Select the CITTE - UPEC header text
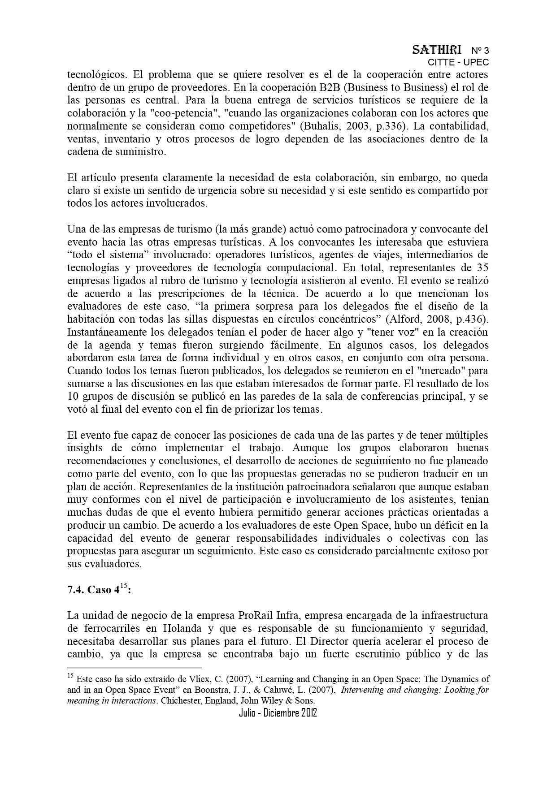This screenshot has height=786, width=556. click(458, 62)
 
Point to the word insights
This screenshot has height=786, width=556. click(85, 448)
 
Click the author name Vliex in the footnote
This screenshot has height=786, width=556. click(209, 679)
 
